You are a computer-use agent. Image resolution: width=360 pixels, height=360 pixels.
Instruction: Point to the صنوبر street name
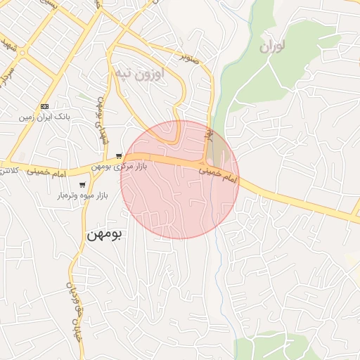click(193, 56)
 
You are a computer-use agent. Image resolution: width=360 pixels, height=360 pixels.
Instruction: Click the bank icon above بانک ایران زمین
click(45, 106)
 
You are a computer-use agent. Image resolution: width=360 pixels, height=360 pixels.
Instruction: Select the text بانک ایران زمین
click(45, 117)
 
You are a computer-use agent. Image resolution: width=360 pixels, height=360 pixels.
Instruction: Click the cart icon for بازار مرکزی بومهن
click(120, 156)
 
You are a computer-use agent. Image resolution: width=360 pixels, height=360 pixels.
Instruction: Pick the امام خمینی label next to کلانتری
click(49, 172)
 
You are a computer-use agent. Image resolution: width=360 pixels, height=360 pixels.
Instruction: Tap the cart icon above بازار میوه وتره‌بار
click(82, 184)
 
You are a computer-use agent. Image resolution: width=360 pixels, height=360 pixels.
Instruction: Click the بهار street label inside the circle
click(209, 134)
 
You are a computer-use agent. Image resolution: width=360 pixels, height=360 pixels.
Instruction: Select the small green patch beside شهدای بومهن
click(85, 96)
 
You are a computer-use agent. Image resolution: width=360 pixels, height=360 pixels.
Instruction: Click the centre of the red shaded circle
click(180, 179)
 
